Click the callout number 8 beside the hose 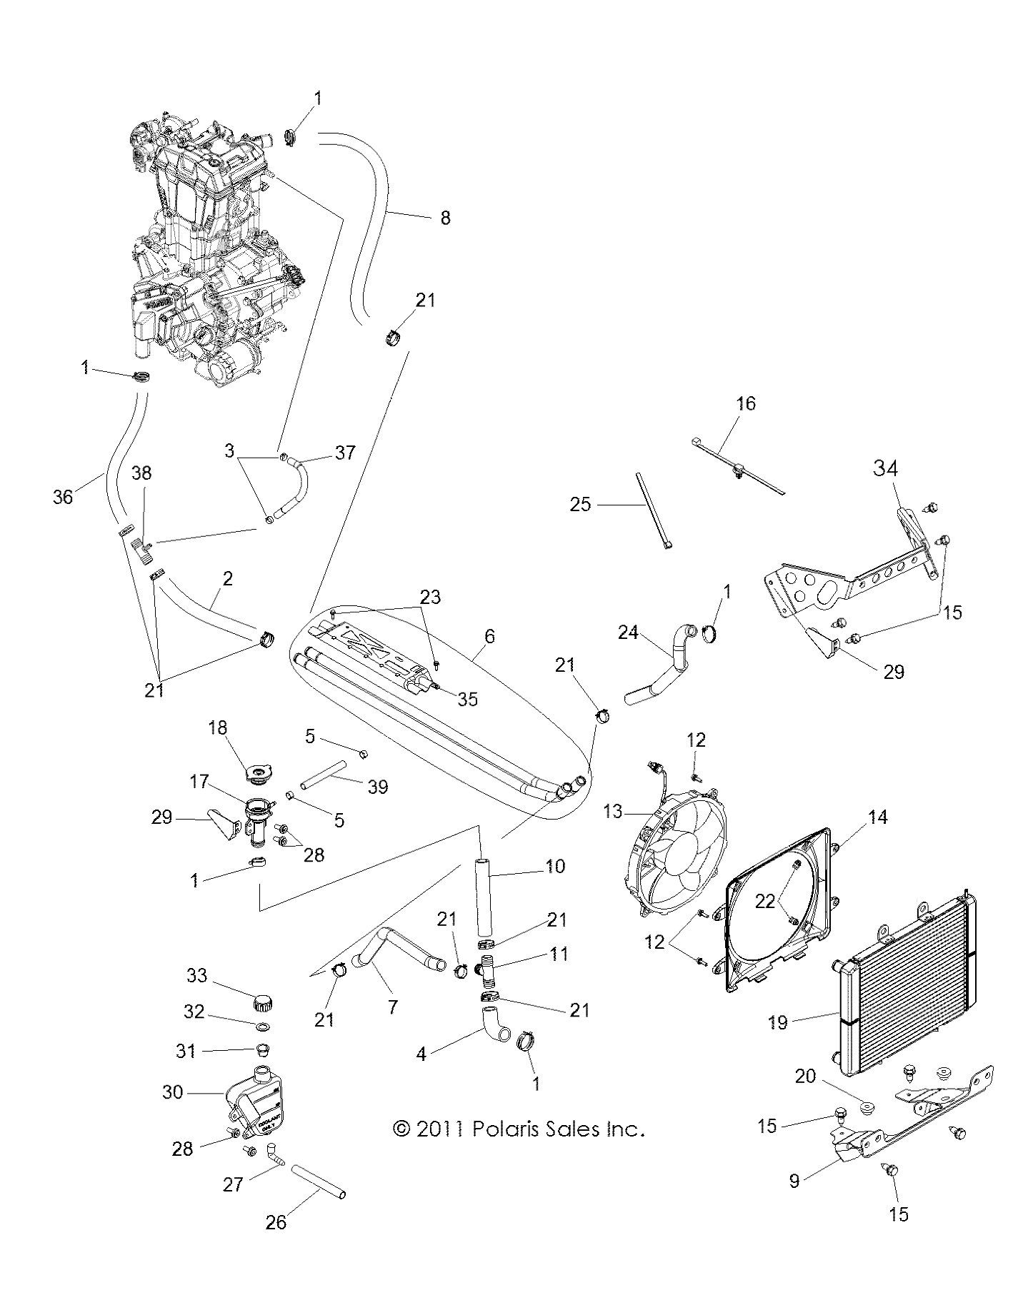[x=445, y=217]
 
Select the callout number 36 [x=63, y=497]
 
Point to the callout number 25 [x=581, y=504]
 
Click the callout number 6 [x=489, y=636]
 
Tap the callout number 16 [x=745, y=403]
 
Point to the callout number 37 [x=345, y=453]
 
